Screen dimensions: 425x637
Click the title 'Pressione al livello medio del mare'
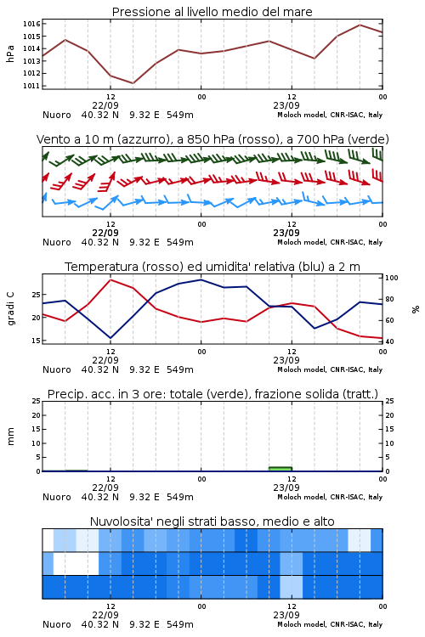click(212, 12)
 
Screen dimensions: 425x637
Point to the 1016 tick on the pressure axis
click(31, 24)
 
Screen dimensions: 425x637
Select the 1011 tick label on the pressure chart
click(31, 86)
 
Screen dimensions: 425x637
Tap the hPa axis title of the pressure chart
click(10, 54)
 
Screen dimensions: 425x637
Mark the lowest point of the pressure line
click(133, 83)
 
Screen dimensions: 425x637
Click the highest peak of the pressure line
click(360, 25)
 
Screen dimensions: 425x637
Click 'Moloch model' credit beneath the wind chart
click(302, 242)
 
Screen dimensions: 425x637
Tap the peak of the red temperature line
click(110, 279)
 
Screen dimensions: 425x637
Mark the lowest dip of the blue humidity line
click(110, 338)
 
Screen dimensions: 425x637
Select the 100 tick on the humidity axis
click(391, 278)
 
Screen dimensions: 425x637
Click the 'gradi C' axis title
click(10, 308)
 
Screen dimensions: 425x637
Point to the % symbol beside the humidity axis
click(416, 309)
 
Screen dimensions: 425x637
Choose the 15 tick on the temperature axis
click(36, 341)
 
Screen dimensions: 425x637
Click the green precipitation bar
click(280, 469)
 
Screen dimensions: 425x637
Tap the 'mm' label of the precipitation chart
click(10, 437)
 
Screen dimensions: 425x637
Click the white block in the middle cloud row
click(76, 563)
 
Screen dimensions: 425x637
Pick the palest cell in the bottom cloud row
click(292, 587)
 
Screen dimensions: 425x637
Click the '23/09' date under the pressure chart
click(286, 105)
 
